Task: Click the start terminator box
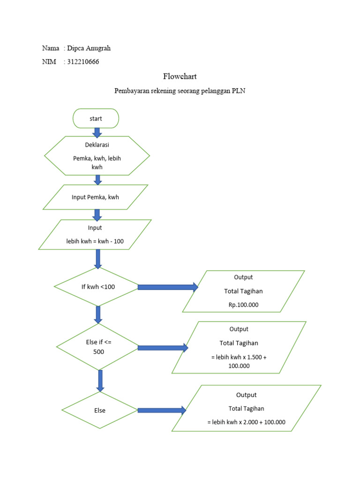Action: click(96, 119)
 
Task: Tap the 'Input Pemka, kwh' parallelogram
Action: click(95, 197)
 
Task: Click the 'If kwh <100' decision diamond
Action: click(97, 287)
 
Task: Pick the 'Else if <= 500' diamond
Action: click(97, 347)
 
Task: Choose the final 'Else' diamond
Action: click(99, 410)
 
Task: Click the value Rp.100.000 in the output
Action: click(243, 305)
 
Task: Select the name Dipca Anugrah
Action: click(89, 48)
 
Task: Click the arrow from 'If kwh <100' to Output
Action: click(168, 287)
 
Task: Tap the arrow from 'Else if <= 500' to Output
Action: click(163, 348)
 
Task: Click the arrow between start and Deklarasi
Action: click(97, 132)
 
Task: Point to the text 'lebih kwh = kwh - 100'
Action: click(95, 242)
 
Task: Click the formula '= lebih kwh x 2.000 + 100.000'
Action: click(246, 422)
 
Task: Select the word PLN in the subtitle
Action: click(239, 91)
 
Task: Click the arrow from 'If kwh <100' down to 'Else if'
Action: click(98, 314)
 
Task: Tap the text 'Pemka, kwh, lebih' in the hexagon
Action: click(97, 158)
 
